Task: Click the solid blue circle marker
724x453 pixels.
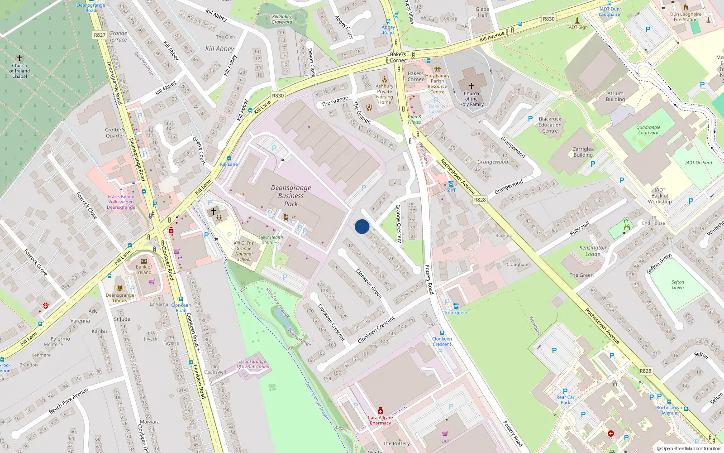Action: [362, 226]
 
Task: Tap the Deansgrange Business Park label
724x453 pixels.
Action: [291, 196]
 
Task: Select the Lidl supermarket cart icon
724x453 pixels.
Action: [445, 434]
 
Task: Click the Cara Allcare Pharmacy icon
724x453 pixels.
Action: [380, 410]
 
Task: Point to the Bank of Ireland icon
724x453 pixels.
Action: [144, 261]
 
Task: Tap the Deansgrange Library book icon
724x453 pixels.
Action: [120, 288]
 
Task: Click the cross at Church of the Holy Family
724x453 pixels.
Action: [471, 86]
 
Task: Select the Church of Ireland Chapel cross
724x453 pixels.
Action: [19, 58]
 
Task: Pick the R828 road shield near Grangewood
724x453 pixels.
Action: [480, 200]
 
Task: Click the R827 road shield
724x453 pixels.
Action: [100, 35]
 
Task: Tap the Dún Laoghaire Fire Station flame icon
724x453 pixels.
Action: [686, 7]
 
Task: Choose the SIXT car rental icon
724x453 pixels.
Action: [451, 184]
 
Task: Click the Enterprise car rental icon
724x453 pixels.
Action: [456, 306]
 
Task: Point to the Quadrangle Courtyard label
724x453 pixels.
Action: [648, 130]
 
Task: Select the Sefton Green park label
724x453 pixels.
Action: [677, 284]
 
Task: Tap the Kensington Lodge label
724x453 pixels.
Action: [592, 251]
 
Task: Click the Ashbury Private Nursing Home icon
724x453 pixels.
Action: [384, 79]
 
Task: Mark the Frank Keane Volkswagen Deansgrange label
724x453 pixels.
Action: [121, 202]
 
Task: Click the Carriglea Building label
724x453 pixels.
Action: [583, 152]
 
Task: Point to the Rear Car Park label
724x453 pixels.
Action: [565, 400]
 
